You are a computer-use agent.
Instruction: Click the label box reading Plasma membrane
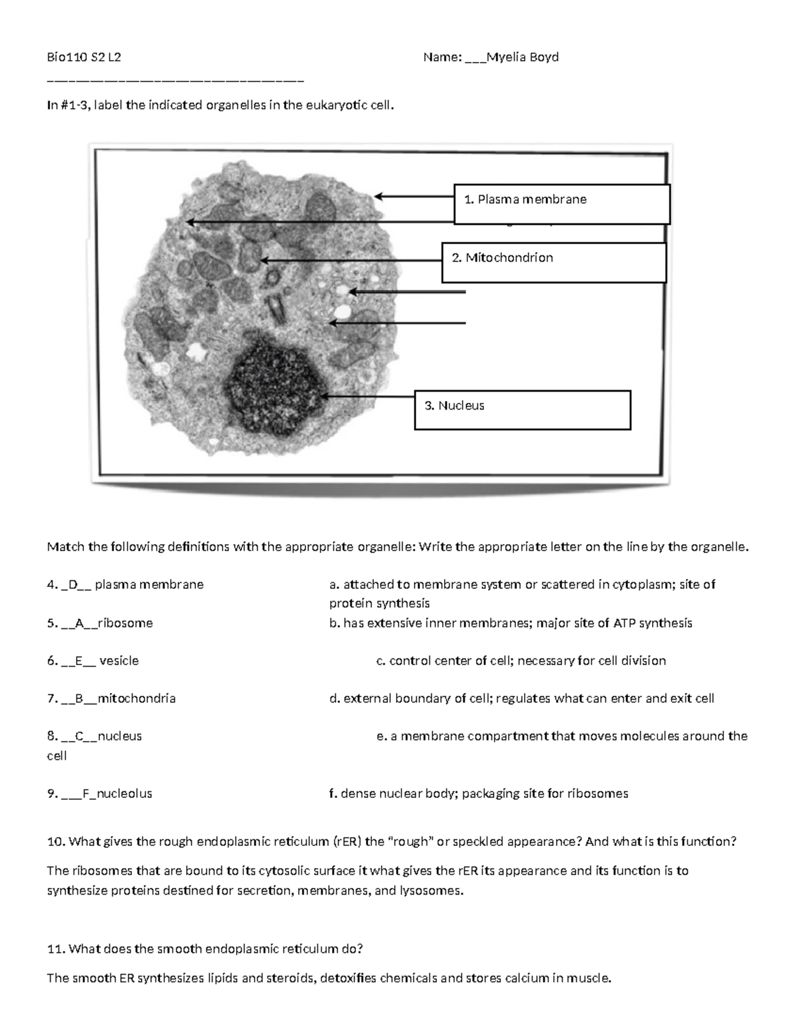[561, 205]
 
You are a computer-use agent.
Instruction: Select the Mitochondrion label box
[554, 262]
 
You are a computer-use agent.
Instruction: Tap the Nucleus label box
[522, 410]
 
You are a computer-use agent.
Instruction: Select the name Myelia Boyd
[523, 57]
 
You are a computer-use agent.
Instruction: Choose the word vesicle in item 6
[119, 660]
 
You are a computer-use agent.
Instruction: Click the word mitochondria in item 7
[136, 698]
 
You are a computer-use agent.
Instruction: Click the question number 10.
[55, 842]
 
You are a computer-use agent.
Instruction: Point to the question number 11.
[55, 949]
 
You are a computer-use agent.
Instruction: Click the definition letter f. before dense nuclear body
[332, 794]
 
